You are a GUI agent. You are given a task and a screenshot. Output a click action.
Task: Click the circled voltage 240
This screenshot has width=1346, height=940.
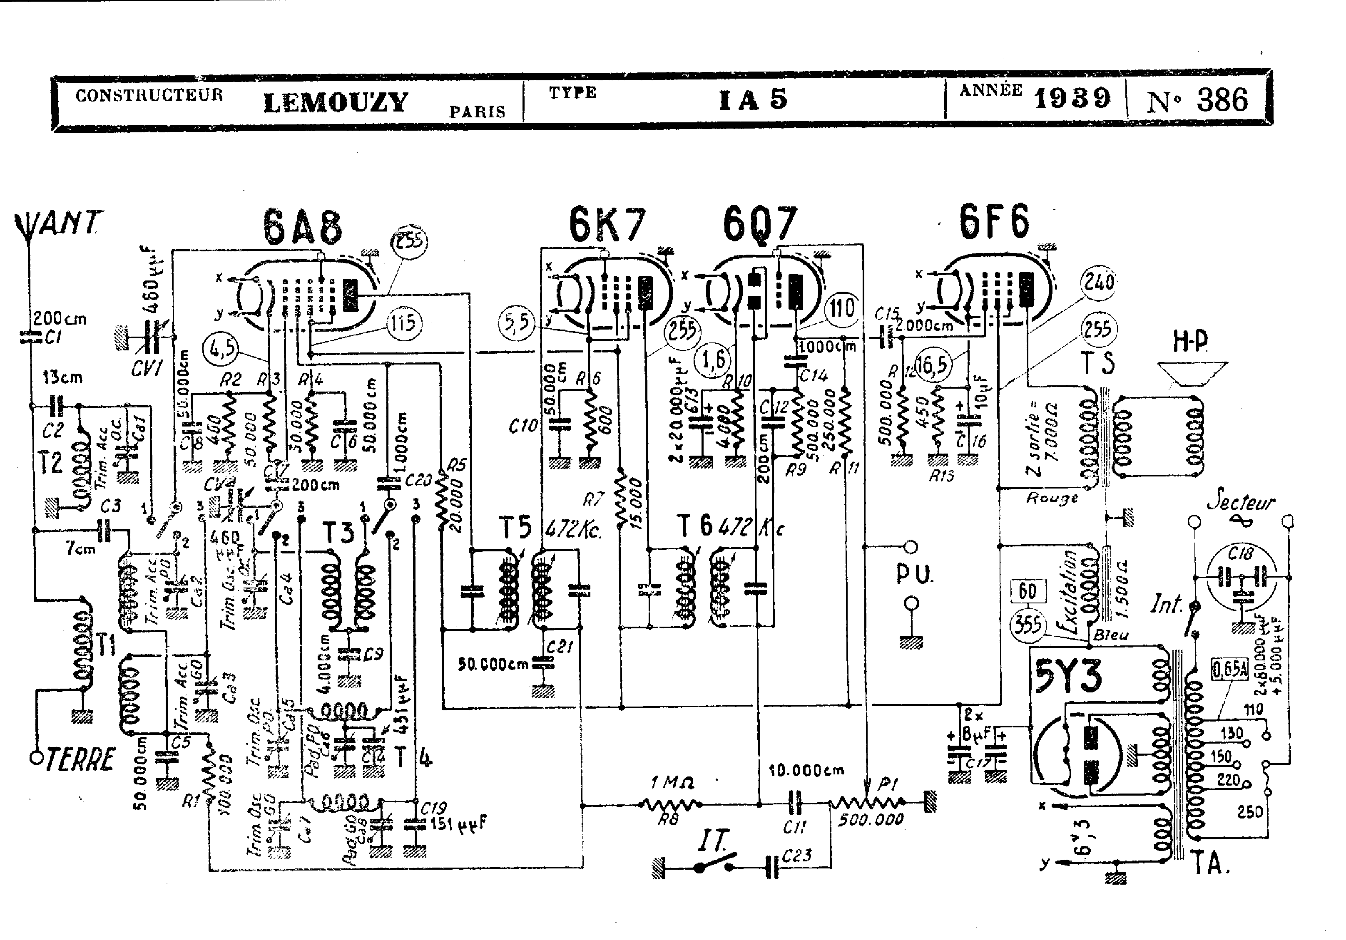(x=1098, y=283)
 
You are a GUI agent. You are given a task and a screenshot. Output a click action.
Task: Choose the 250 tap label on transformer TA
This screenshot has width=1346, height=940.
(x=1250, y=812)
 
